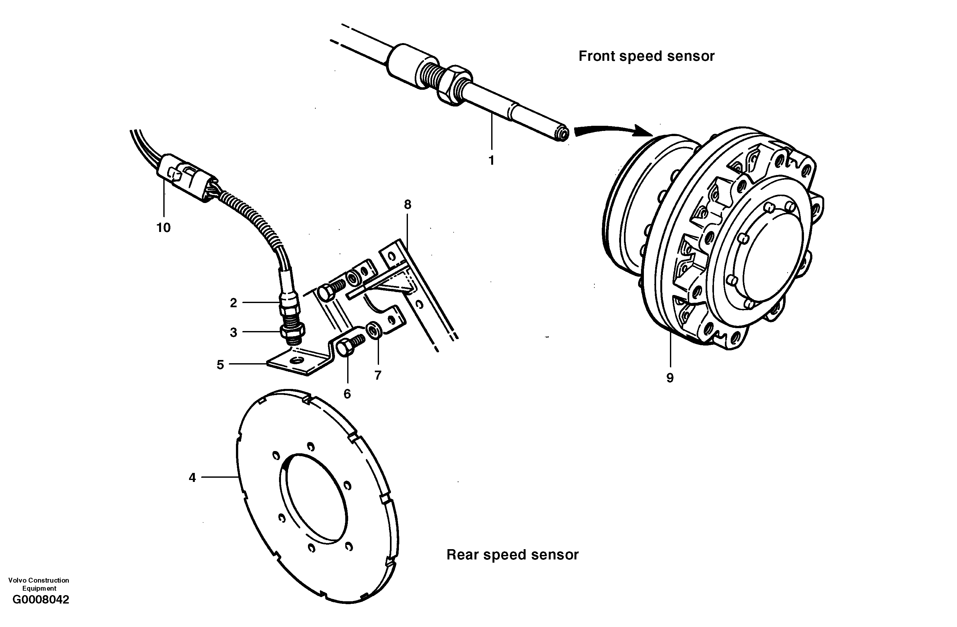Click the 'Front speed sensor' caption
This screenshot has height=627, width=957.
646,56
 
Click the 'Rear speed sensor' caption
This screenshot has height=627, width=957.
512,555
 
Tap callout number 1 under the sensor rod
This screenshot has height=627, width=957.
491,161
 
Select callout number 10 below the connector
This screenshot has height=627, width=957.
164,228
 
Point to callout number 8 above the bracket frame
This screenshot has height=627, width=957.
408,205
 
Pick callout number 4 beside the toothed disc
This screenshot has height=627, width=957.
192,477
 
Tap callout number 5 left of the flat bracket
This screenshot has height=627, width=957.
220,364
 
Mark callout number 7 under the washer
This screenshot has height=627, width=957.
378,375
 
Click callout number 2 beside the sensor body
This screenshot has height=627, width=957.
233,303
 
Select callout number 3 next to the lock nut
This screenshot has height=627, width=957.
233,332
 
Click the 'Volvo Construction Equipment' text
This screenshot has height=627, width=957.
39,584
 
